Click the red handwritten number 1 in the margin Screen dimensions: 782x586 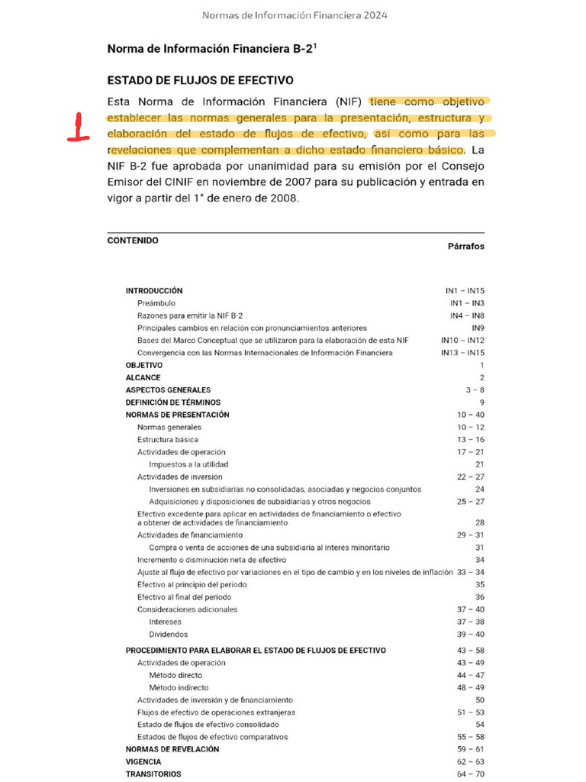pyautogui.click(x=78, y=127)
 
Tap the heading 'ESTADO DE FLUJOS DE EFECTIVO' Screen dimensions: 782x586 pyautogui.click(x=200, y=80)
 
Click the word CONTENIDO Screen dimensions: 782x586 pyautogui.click(x=133, y=241)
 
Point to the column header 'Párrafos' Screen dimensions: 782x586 pyautogui.click(x=465, y=247)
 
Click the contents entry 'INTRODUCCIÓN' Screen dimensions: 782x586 pyautogui.click(x=154, y=291)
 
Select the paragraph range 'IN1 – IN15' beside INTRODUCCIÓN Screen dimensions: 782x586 pyautogui.click(x=465, y=291)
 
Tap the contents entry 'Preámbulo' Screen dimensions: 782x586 pyautogui.click(x=156, y=303)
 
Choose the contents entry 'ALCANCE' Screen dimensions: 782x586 pyautogui.click(x=143, y=377)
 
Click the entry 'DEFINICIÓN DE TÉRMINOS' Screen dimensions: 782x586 pyautogui.click(x=172, y=402)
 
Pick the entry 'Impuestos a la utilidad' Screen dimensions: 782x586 pyautogui.click(x=188, y=464)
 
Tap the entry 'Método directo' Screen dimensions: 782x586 pyautogui.click(x=175, y=675)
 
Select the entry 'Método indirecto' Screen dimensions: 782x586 pyautogui.click(x=179, y=687)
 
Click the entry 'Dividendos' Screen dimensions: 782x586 pyautogui.click(x=168, y=634)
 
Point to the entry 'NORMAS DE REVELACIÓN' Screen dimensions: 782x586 pyautogui.click(x=172, y=749)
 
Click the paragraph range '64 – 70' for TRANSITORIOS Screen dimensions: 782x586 pyautogui.click(x=470, y=774)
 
